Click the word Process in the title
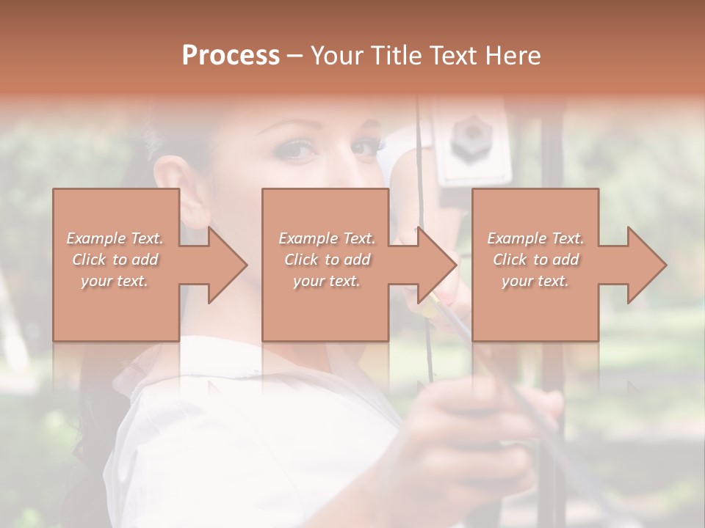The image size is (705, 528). [x=231, y=56]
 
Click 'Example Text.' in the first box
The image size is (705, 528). [x=115, y=238]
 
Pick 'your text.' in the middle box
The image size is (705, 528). [x=326, y=281]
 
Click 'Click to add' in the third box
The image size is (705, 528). [x=535, y=260]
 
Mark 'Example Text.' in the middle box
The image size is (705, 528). [x=326, y=238]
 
